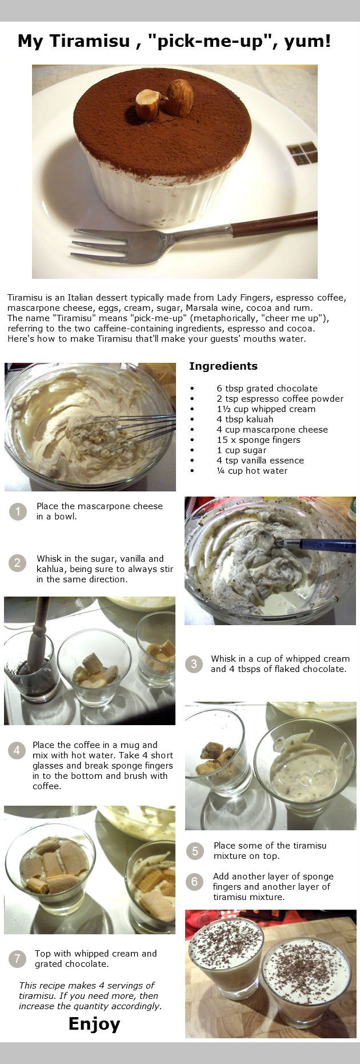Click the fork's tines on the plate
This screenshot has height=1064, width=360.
coord(103,243)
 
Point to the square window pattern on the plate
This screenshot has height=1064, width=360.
coord(302,153)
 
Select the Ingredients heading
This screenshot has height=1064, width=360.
coord(223,366)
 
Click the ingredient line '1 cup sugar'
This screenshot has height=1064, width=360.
coord(241,450)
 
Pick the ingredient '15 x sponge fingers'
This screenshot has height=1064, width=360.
coord(258,440)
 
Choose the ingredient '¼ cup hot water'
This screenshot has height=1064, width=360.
coord(252,471)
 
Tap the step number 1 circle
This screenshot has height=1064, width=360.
coord(18,511)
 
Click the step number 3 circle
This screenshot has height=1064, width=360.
coord(194,664)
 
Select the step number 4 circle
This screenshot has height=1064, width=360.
coord(17,750)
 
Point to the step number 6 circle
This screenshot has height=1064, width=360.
coord(194,882)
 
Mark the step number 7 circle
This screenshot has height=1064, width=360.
coord(17,959)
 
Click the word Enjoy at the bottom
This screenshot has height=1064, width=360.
coord(94,1023)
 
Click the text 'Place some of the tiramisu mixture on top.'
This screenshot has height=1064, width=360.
coord(270,851)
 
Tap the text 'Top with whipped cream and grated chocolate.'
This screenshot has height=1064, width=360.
coord(95,959)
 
